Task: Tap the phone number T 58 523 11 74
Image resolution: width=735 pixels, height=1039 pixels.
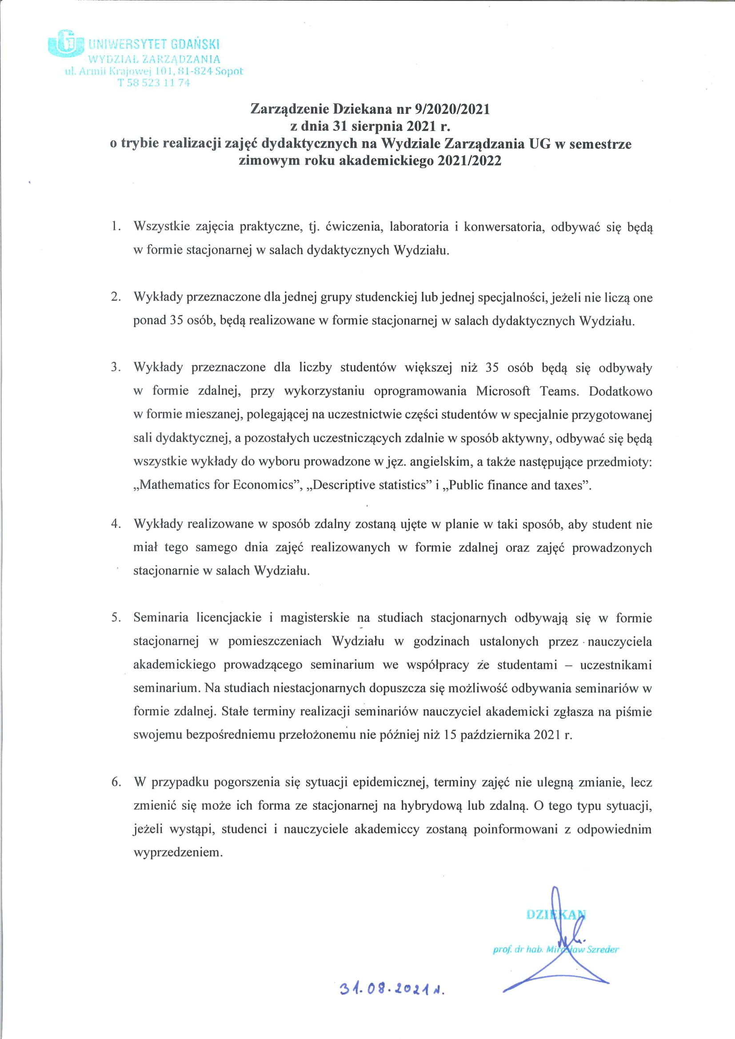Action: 154,83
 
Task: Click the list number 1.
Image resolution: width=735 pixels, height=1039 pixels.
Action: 116,227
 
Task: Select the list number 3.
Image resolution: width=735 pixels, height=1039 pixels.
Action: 116,367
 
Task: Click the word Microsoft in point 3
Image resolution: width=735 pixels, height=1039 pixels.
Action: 503,391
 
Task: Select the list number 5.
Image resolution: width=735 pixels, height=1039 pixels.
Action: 116,618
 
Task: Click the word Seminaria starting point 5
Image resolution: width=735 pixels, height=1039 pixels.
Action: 161,618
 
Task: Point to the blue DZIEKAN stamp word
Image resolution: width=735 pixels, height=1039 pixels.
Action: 556,915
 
